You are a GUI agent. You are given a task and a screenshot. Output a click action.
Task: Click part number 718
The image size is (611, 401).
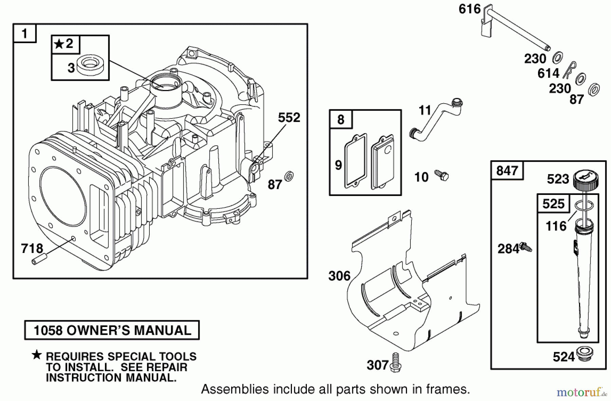[32, 249]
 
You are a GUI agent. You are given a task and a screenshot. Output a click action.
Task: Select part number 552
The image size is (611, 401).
[289, 117]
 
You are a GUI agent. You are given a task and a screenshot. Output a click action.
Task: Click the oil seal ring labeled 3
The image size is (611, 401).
[90, 65]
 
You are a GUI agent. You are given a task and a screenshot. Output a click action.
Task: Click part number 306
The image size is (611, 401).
[339, 276]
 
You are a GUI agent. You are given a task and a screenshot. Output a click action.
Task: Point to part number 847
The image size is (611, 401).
[507, 170]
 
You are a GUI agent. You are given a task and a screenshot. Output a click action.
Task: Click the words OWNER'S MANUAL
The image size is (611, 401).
[129, 330]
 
